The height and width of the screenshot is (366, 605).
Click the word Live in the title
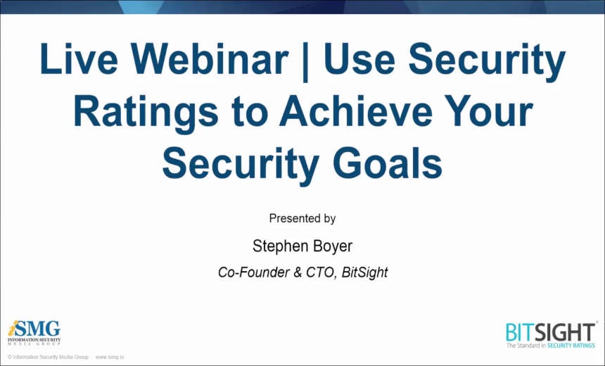[x=79, y=59]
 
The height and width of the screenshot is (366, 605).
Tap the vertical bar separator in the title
[x=306, y=62]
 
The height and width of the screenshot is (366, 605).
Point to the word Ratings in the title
[x=146, y=113]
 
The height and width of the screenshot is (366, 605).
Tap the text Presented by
[x=302, y=218]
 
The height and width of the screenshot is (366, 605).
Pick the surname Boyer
[x=332, y=246]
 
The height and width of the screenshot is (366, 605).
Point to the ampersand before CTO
[x=298, y=272]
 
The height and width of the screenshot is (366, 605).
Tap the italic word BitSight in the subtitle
[x=364, y=272]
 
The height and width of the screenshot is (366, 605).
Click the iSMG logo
[x=34, y=333]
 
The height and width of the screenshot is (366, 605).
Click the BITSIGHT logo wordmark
[x=551, y=332]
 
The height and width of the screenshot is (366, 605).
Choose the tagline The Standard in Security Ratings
[x=551, y=346]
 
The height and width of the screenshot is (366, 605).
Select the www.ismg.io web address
[x=110, y=357]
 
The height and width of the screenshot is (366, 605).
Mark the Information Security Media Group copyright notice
[x=48, y=357]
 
